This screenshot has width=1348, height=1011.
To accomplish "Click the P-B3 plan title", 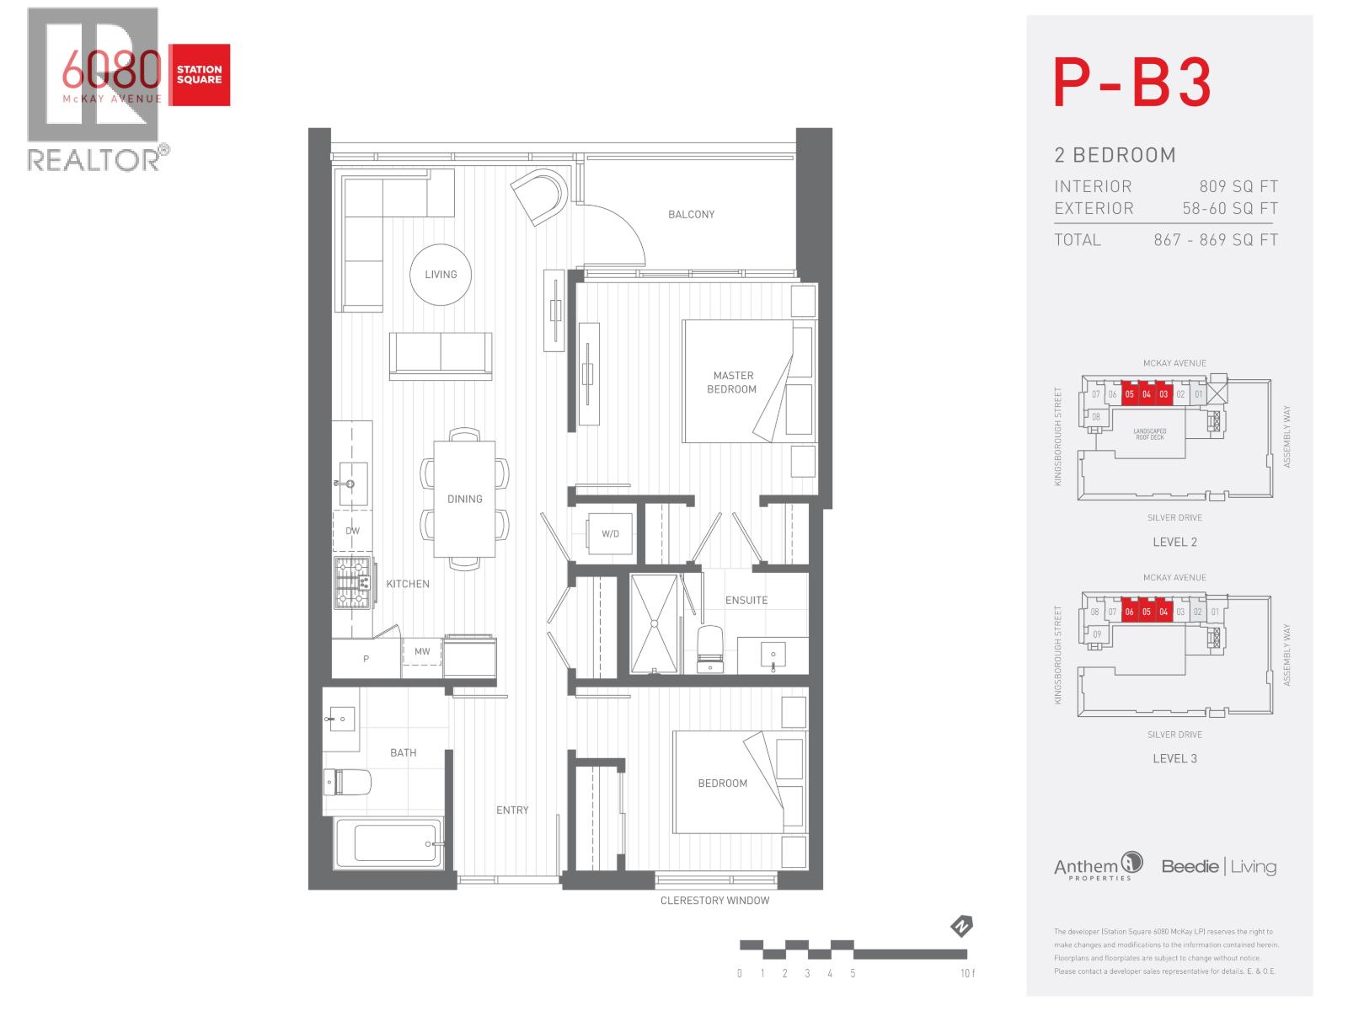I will coord(1132,83).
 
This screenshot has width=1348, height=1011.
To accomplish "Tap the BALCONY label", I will coord(691,215).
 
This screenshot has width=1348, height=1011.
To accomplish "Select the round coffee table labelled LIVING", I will coord(441,274).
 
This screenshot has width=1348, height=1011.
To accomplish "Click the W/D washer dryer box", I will coord(610,534).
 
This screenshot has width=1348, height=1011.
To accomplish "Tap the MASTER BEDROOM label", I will coord(732,382).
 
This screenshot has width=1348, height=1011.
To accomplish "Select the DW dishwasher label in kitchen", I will coord(352,531).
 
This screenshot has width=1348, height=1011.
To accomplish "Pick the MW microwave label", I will coord(422,651).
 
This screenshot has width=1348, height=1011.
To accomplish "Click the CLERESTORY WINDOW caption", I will coord(714,901).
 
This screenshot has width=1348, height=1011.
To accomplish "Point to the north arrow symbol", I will coord(961,927).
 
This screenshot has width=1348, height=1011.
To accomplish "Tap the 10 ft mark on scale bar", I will coord(967,973).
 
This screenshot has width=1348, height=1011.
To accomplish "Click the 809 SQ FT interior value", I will coord(1238,187).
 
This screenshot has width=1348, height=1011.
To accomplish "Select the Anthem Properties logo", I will coord(1098,867).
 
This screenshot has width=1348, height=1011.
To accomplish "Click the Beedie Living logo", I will coord(1218,866).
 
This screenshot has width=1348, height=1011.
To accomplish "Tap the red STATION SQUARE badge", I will coord(200,75).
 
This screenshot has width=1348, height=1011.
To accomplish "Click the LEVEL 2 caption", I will coord(1174,542).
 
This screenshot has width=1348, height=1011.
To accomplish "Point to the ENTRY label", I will coord(512,810).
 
